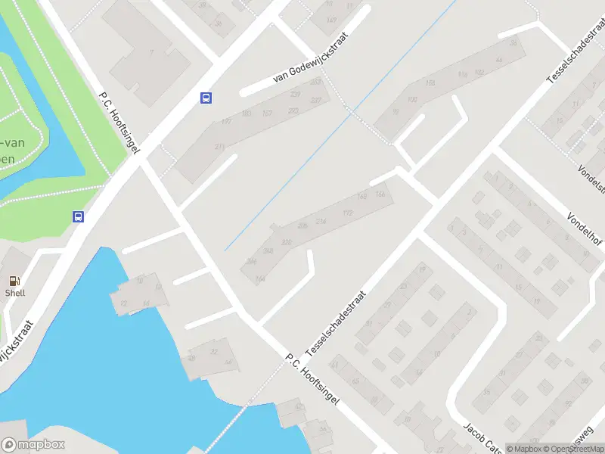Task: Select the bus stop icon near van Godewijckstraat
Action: [x=206, y=98]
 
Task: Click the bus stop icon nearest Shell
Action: [x=78, y=216]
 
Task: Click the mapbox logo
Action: [x=33, y=444]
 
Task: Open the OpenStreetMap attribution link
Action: [x=573, y=448]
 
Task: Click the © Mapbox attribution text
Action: [x=525, y=448]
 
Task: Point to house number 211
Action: [x=220, y=147]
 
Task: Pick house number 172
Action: [x=347, y=214]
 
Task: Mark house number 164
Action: [x=261, y=279]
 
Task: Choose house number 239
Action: [x=295, y=94]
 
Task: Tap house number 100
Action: [x=412, y=99]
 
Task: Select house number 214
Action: [x=321, y=221]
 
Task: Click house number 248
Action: [x=268, y=250]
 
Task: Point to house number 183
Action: [x=225, y=121]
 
